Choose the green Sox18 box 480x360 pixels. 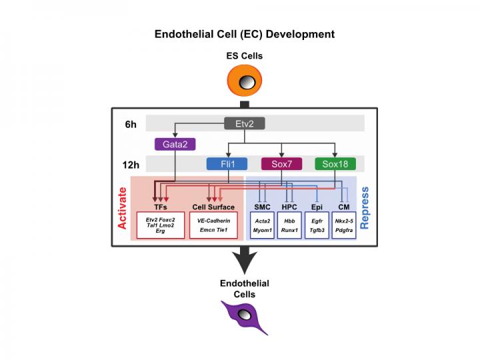(335, 164)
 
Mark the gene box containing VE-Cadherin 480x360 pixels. (213, 224)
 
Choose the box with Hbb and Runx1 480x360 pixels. (289, 224)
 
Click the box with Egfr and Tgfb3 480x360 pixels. (317, 224)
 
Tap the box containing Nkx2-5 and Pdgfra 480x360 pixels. (344, 224)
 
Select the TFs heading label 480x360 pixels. (161, 207)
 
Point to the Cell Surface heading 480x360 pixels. (213, 207)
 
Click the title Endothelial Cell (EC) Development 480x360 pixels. (245, 33)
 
